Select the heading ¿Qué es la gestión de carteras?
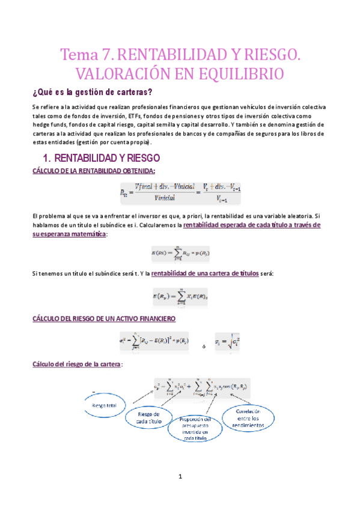pos(92,92)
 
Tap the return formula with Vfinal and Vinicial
pos(180,193)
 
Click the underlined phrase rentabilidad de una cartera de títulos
pos(205,274)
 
